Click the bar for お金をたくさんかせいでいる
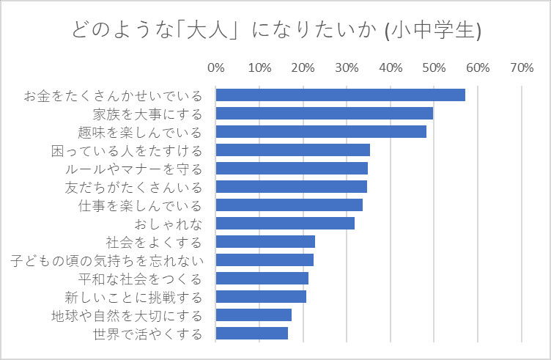tap(341, 95)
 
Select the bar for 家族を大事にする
tap(325, 114)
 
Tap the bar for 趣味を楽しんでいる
tap(321, 132)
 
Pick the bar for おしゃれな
tap(285, 224)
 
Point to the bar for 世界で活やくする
tap(252, 334)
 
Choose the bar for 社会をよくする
tap(265, 242)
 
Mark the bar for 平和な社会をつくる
tap(262, 279)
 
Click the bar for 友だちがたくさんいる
tap(292, 187)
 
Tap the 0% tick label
tap(216, 68)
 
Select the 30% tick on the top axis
tap(347, 68)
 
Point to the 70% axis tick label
tap(521, 68)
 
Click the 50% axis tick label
tap(434, 68)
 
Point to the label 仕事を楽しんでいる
tap(140, 205)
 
